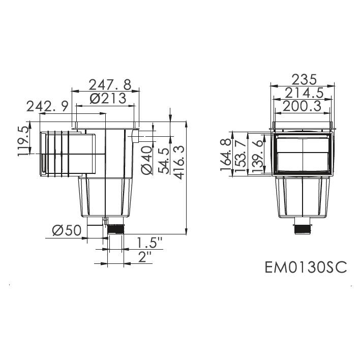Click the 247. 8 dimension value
click(x=110, y=84)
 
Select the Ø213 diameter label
click(x=108, y=99)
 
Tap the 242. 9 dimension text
click(x=48, y=107)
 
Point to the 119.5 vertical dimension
click(x=23, y=142)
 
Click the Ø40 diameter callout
click(x=147, y=161)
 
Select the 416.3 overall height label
click(x=179, y=162)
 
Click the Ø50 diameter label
click(x=67, y=230)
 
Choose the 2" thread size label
click(x=145, y=257)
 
